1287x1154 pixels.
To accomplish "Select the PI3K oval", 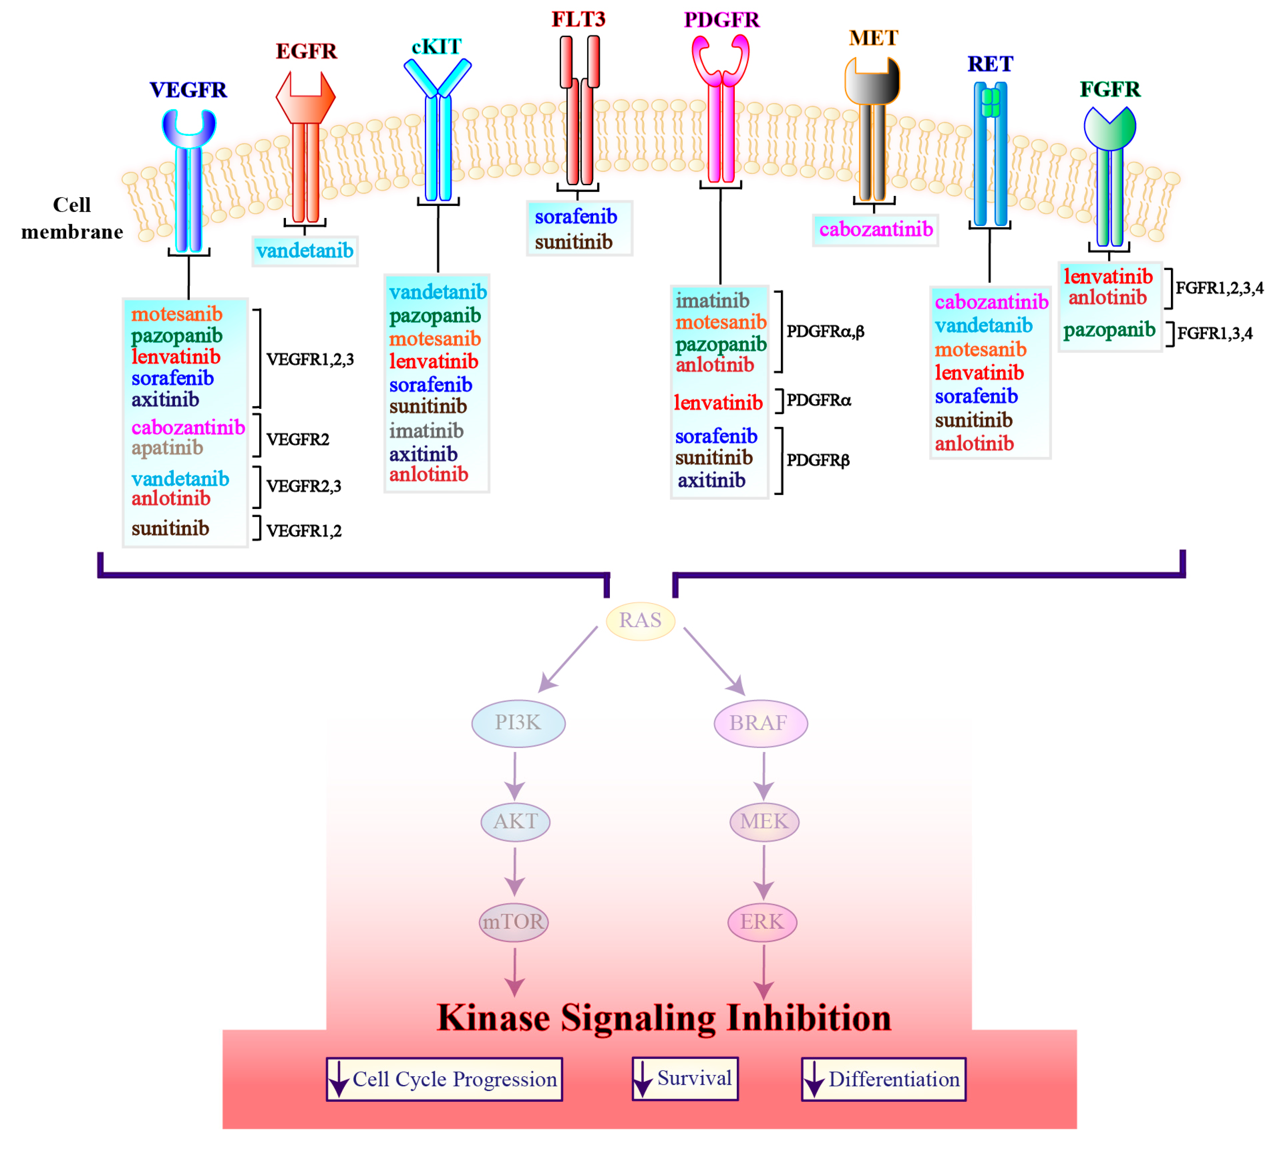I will click(518, 723).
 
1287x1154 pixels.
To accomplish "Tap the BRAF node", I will click(760, 723).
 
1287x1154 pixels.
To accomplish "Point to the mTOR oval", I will click(513, 922).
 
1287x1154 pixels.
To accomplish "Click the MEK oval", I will click(763, 822).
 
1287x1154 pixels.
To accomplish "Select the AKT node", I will click(515, 822).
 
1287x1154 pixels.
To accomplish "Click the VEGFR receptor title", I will click(188, 90).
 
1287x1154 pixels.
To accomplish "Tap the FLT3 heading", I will click(578, 19).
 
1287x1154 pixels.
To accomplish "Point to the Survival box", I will click(685, 1079).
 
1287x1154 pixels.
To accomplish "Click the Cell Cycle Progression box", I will click(444, 1079).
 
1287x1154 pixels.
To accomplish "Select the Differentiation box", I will click(883, 1079).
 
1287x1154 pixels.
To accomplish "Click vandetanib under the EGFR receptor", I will click(305, 251).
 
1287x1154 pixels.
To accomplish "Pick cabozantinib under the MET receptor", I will click(875, 230).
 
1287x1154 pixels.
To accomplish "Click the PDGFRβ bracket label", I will click(818, 460).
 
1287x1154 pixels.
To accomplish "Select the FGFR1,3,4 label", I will click(1214, 334).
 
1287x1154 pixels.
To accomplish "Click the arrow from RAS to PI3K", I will click(568, 659).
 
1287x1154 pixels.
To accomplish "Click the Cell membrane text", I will click(72, 218).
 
